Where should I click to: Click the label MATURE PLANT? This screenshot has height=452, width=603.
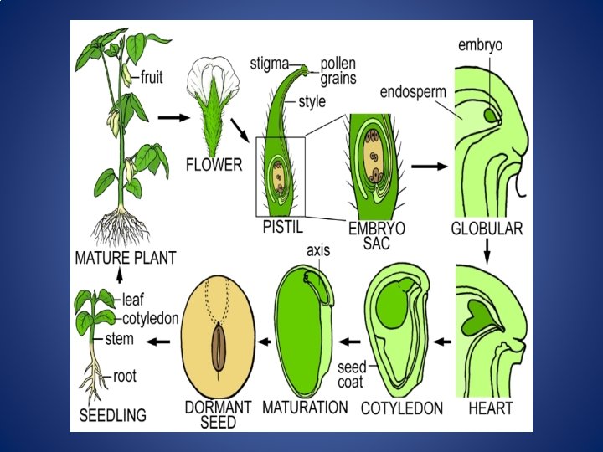pyautogui.click(x=126, y=258)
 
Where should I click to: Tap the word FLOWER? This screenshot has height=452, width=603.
pyautogui.click(x=214, y=165)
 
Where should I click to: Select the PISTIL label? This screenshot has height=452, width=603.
pyautogui.click(x=282, y=227)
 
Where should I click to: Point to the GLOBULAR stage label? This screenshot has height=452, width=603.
pyautogui.click(x=487, y=229)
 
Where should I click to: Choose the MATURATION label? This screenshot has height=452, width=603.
pyautogui.click(x=305, y=408)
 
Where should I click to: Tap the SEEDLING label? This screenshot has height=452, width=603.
pyautogui.click(x=112, y=415)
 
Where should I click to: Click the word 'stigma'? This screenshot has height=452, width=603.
pyautogui.click(x=270, y=62)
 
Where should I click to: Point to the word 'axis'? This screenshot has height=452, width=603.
pyautogui.click(x=318, y=249)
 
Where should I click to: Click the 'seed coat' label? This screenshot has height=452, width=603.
pyautogui.click(x=350, y=374)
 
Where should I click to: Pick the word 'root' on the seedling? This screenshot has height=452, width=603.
pyautogui.click(x=125, y=377)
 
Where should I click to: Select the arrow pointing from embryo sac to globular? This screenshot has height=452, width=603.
pyautogui.click(x=430, y=167)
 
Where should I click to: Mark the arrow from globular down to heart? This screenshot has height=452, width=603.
pyautogui.click(x=487, y=248)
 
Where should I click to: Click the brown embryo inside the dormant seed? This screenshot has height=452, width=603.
pyautogui.click(x=218, y=347)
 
